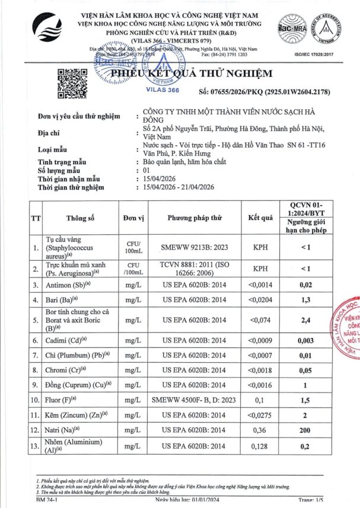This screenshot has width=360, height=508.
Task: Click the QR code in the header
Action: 71,84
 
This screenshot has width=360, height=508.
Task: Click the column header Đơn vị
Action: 133,218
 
